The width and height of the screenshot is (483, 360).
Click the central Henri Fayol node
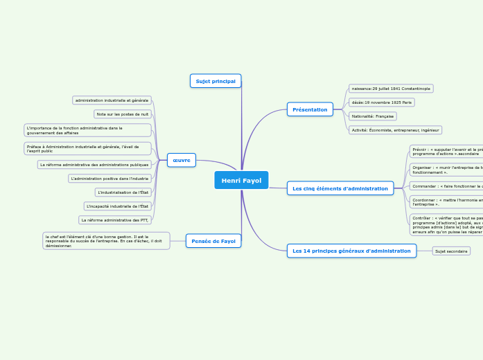point(241,181)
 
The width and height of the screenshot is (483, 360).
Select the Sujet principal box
point(216,81)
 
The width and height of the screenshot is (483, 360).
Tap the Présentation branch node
point(310,109)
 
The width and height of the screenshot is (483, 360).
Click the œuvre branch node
point(182,160)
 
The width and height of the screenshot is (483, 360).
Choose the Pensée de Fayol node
point(213,241)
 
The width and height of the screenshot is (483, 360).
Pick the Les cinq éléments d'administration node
point(340,188)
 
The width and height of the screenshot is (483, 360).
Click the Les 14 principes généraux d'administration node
point(351,251)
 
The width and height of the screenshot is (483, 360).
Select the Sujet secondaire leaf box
point(451,251)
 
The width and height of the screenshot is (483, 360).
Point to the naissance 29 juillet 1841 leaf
point(391,89)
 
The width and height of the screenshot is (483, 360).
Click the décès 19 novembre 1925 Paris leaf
point(382,102)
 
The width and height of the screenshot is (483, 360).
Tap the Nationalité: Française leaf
point(373,116)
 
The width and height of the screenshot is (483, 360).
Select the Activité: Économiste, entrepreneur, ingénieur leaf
point(395,130)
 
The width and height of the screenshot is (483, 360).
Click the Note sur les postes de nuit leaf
point(123,114)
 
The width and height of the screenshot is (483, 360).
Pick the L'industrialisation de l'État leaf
point(123,192)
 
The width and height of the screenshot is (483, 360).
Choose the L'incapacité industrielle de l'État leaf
point(118,206)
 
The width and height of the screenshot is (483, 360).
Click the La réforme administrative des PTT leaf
point(115,220)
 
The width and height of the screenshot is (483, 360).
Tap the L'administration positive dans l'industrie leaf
point(110,179)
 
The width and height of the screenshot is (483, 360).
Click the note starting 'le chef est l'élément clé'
point(106,241)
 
